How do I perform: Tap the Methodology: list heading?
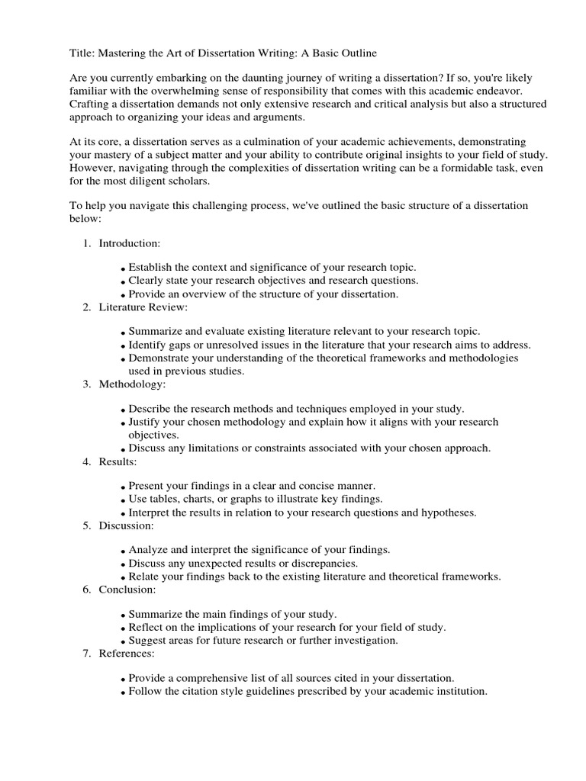(132, 384)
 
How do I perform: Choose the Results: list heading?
(118, 461)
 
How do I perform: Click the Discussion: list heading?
(127, 525)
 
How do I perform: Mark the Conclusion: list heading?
(127, 590)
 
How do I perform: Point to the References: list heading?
(127, 654)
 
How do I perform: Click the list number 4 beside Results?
(87, 461)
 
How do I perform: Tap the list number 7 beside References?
(87, 654)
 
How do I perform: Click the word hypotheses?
(449, 513)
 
